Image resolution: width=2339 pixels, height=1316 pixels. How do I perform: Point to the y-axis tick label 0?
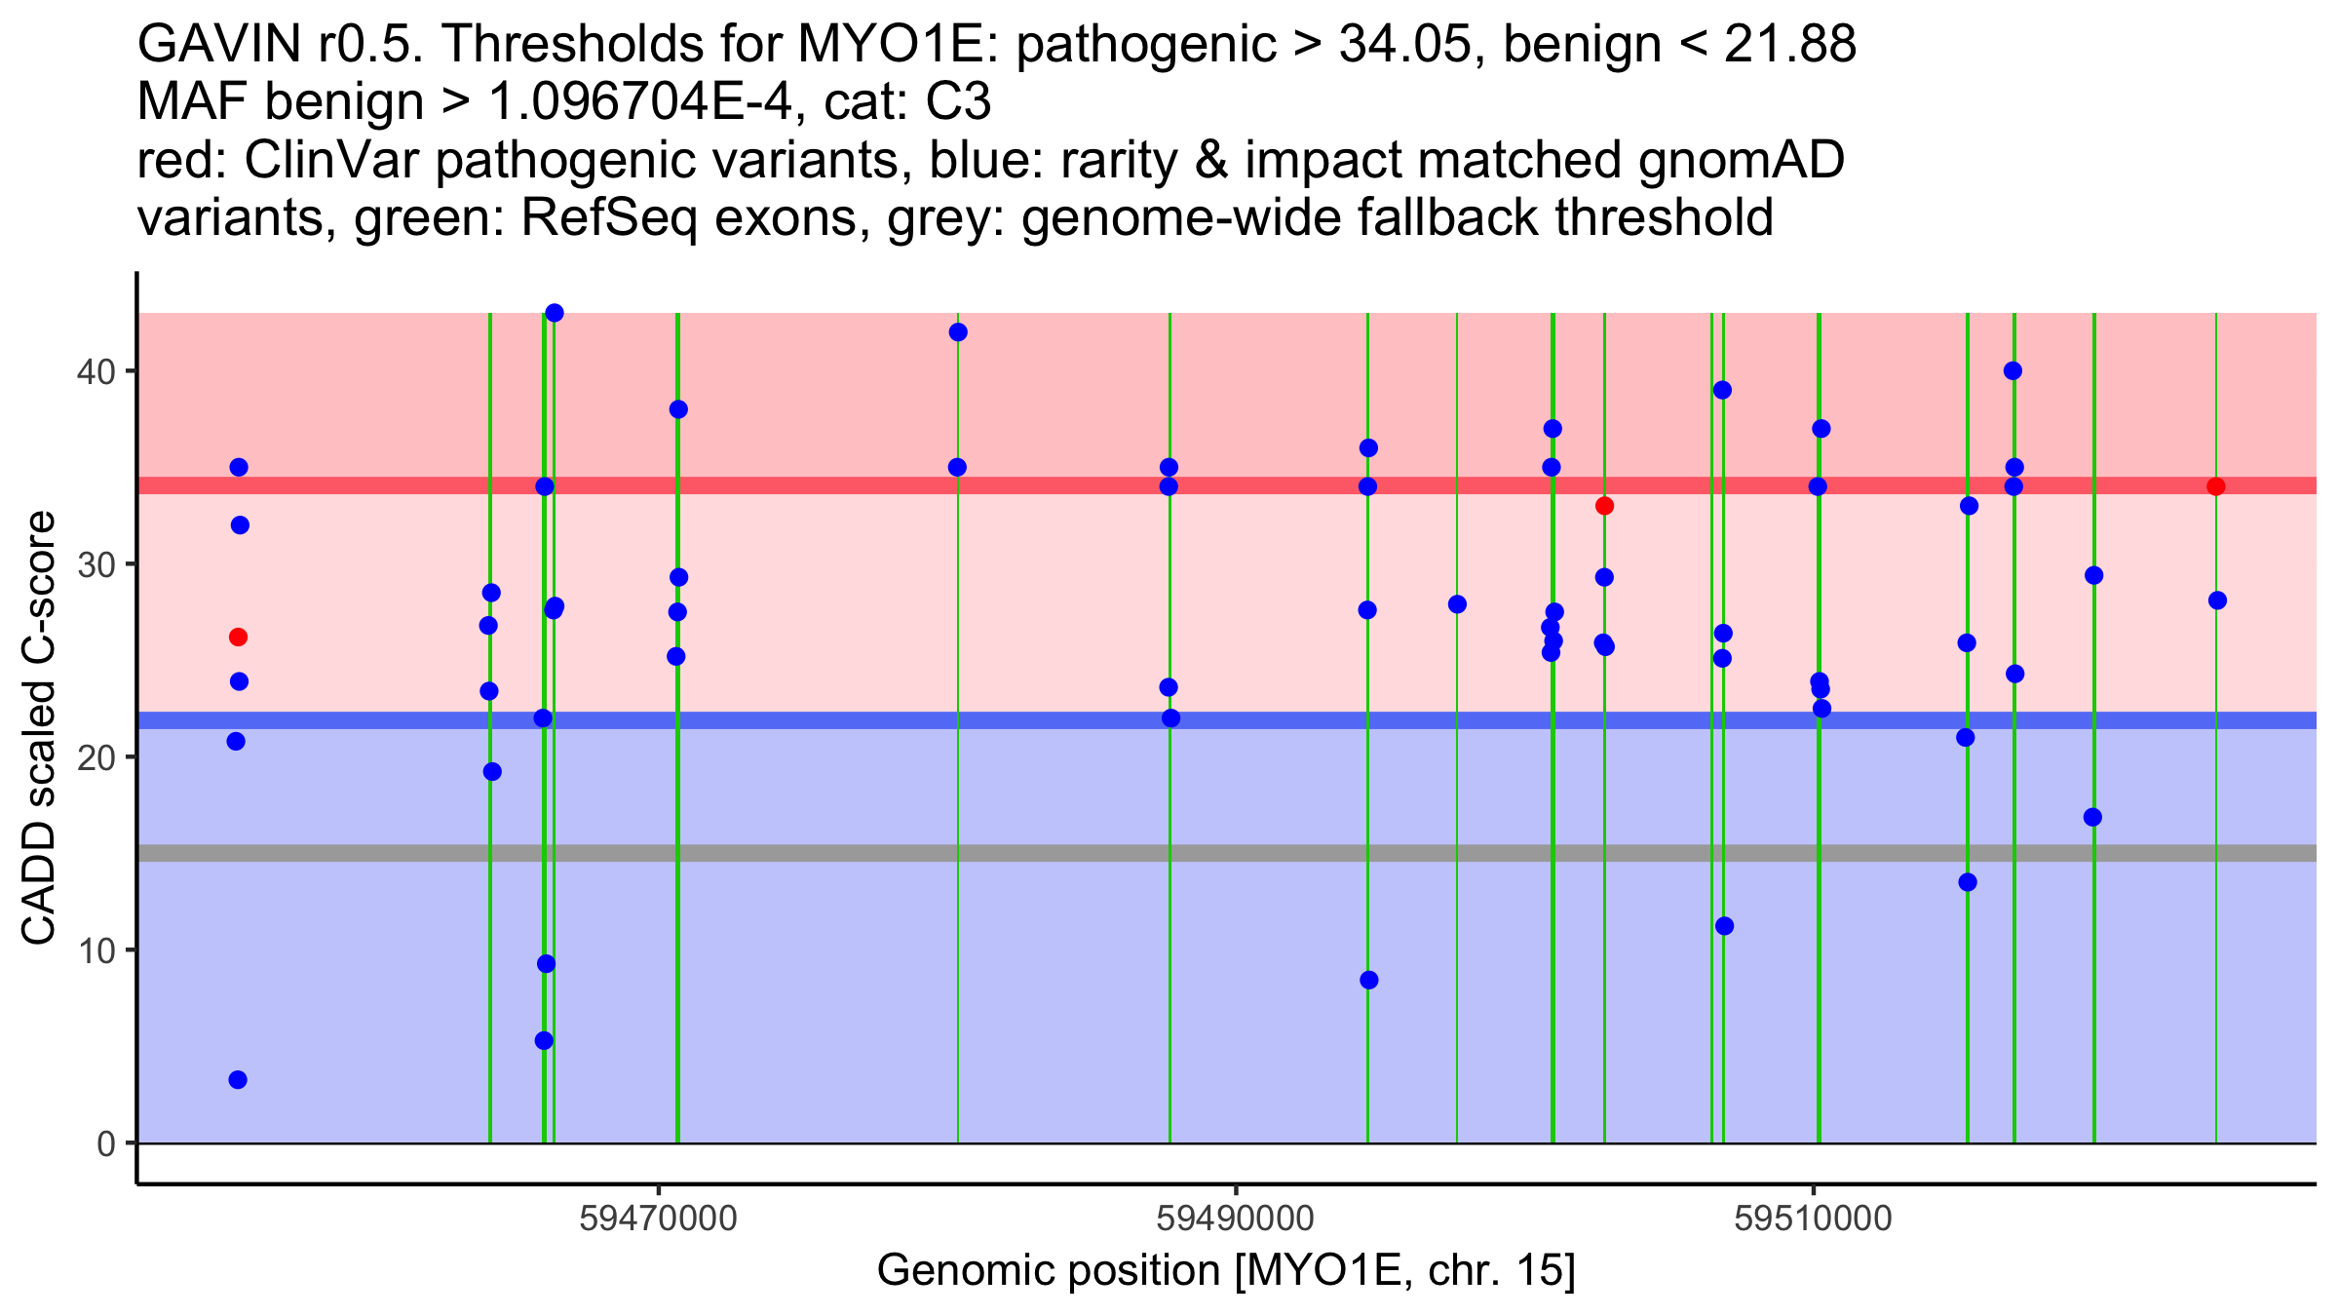coord(105,1144)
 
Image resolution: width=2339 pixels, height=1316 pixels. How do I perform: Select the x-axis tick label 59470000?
coord(658,1219)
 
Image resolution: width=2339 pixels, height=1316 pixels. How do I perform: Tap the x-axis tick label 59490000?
coord(1235,1219)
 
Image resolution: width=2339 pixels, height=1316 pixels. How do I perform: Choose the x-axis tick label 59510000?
coord(1813,1219)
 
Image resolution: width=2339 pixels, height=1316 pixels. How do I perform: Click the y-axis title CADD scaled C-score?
coord(39,729)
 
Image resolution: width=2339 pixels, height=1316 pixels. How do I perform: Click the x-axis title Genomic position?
coord(1225,1271)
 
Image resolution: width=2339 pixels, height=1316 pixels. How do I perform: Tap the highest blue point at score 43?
coord(555,313)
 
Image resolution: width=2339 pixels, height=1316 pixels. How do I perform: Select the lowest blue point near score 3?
coord(238,1080)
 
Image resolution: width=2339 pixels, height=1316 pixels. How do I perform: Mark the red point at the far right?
coord(2216,486)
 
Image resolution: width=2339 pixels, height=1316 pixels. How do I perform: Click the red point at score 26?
coord(238,638)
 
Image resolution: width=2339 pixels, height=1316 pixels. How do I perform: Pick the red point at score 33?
coord(1604,506)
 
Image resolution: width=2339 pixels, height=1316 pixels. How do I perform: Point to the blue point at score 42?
coord(958,332)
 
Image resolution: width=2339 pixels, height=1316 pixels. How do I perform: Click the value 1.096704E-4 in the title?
coord(640,102)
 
